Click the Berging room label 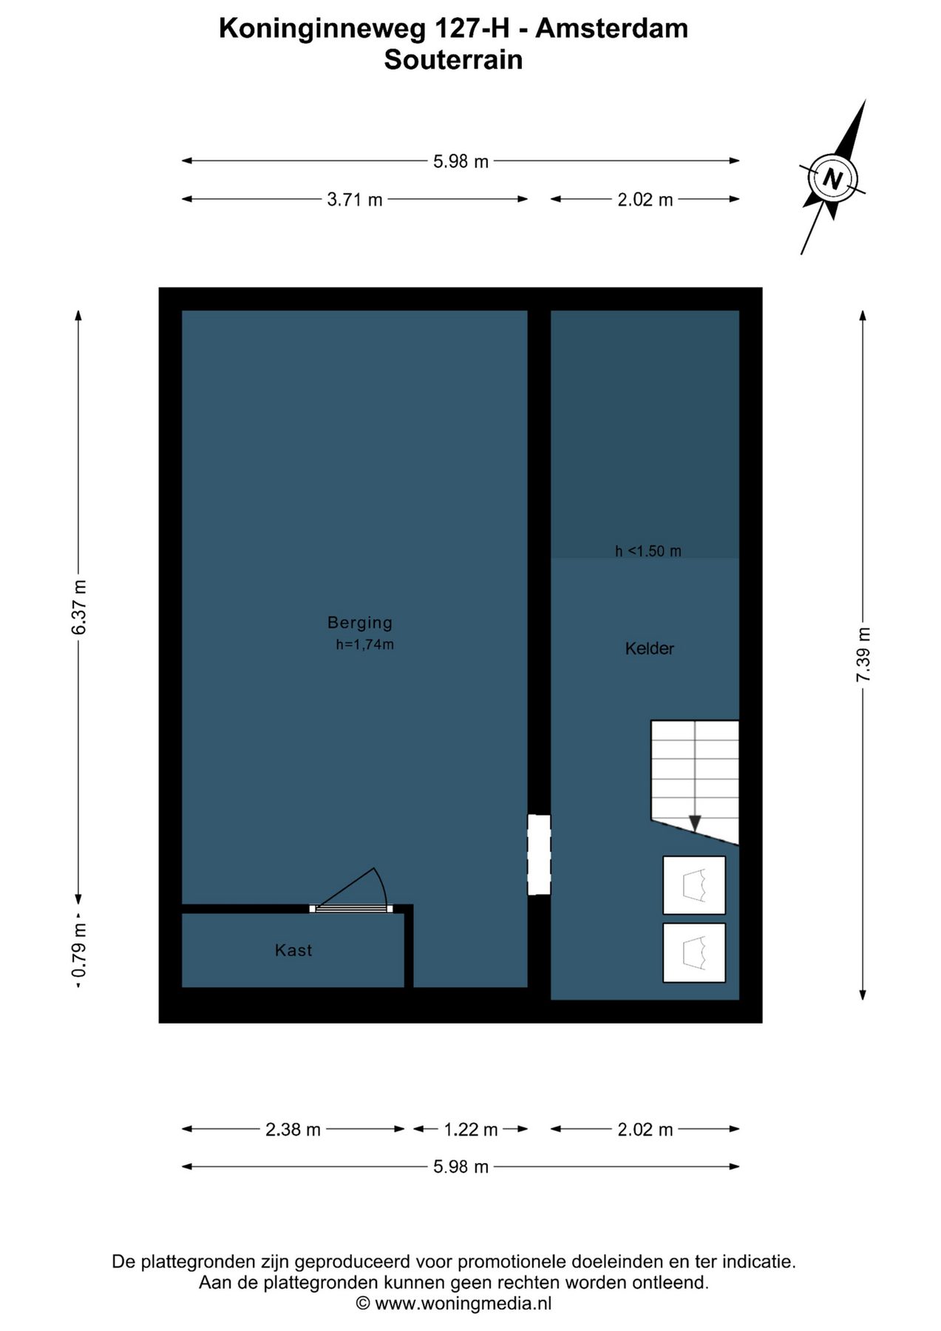point(360,623)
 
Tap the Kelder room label point(650,648)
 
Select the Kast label point(293,950)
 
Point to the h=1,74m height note point(365,644)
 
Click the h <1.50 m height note point(648,551)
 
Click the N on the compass point(833,179)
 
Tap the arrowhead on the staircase point(695,823)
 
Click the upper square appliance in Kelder point(694,885)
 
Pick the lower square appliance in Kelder point(694,952)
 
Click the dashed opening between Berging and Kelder point(539,855)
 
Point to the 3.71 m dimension point(355,199)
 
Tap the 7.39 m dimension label point(863,655)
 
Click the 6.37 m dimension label point(79,607)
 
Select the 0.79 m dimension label point(79,950)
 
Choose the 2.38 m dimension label point(293,1129)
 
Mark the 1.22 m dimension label point(471,1129)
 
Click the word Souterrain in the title point(453,59)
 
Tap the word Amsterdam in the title point(612,28)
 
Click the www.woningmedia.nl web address point(463,1303)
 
